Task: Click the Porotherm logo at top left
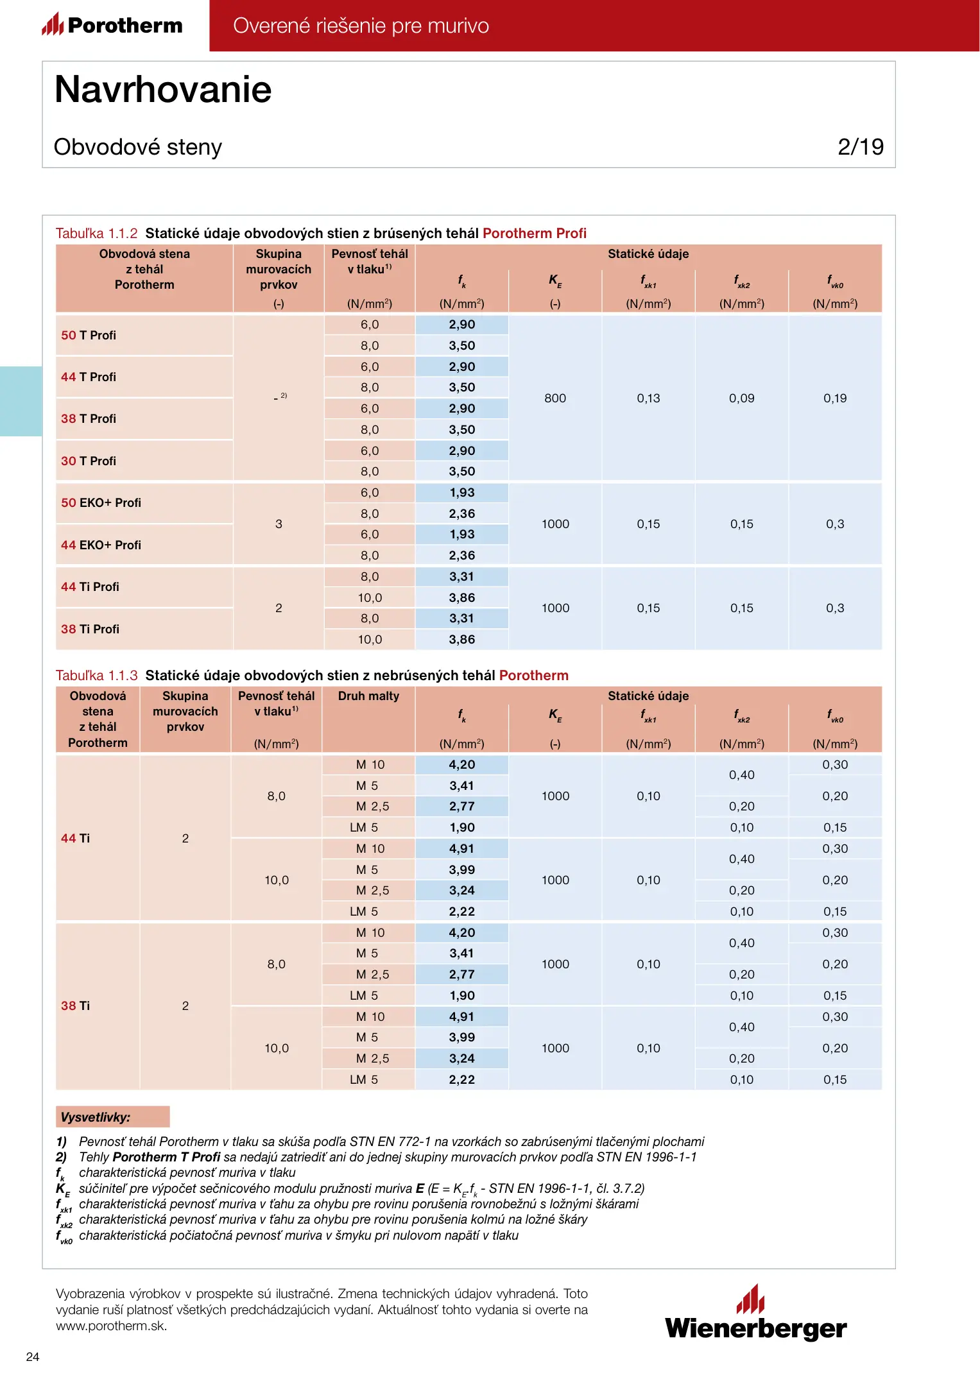(112, 25)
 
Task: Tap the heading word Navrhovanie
(163, 89)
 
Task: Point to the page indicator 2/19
(860, 147)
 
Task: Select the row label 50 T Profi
(89, 335)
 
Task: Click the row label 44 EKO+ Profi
(101, 545)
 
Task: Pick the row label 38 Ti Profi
(90, 629)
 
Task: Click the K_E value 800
(555, 398)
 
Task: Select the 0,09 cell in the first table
(741, 398)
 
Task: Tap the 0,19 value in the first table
(835, 398)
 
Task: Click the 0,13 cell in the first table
(648, 398)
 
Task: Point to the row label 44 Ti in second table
(75, 838)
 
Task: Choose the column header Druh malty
(368, 696)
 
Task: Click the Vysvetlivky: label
(96, 1117)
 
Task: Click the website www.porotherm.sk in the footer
(112, 1326)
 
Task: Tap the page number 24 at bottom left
(33, 1356)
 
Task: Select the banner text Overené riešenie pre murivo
(361, 26)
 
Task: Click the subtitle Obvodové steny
(138, 147)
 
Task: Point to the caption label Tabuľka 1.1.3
(96, 675)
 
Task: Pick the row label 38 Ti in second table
(75, 1005)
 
